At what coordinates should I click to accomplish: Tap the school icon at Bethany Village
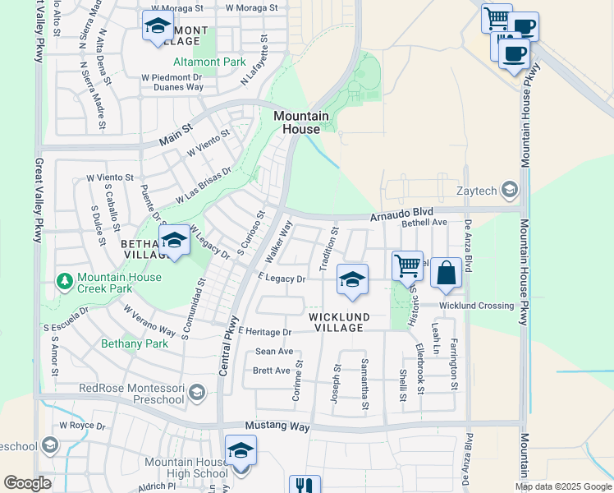pos(174,242)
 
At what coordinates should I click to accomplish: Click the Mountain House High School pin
pos(241,451)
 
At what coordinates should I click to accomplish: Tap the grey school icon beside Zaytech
pos(509,191)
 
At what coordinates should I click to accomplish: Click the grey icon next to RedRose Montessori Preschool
pos(195,394)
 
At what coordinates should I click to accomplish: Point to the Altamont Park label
pos(209,62)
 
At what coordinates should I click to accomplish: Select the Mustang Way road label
pos(277,427)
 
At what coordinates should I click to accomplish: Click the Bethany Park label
pos(135,343)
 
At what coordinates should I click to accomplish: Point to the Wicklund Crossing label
pos(476,306)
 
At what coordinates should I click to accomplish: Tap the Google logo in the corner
pos(27,483)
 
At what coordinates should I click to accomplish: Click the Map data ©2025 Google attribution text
pos(562,486)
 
